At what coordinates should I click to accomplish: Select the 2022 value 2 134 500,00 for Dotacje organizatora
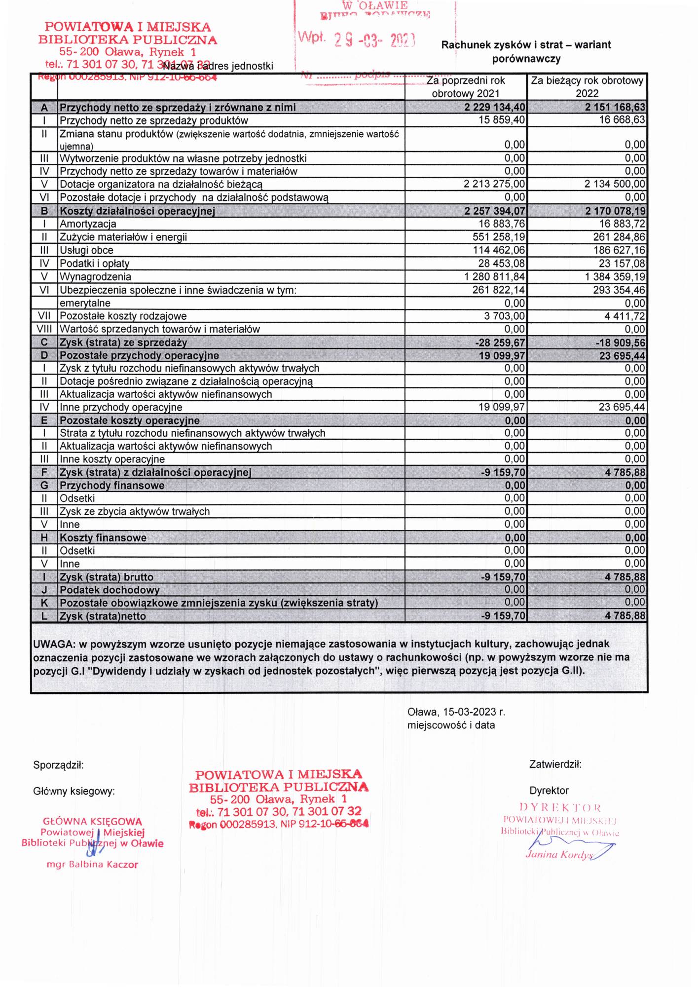(x=615, y=184)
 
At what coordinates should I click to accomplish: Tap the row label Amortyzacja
(x=88, y=224)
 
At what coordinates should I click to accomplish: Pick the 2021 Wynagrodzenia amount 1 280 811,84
(x=494, y=277)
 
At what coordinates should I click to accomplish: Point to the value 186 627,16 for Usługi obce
(x=619, y=250)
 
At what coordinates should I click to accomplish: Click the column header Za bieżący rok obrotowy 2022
(x=587, y=87)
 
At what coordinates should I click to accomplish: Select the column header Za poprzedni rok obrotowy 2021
(x=466, y=87)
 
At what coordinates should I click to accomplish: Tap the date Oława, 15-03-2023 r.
(x=456, y=712)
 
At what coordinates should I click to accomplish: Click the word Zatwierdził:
(x=555, y=764)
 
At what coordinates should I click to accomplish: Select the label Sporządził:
(x=58, y=765)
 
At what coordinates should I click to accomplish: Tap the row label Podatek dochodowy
(x=110, y=590)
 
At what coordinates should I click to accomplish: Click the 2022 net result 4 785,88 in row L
(x=625, y=616)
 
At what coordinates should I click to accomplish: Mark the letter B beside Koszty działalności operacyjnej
(x=44, y=211)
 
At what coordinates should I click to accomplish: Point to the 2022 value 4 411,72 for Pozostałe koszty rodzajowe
(x=625, y=316)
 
